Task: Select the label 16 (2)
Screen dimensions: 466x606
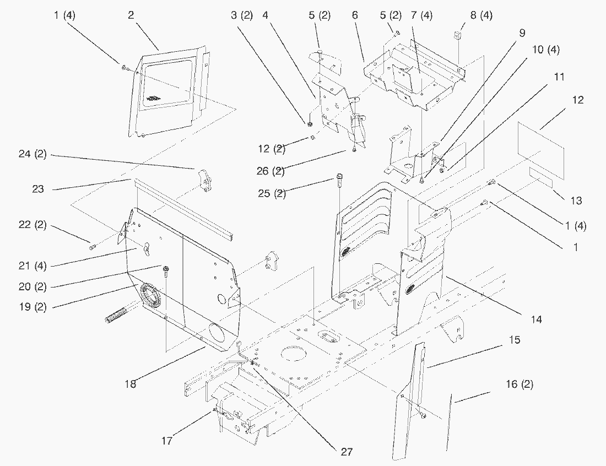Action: point(519,384)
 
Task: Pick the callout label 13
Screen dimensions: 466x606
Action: point(576,201)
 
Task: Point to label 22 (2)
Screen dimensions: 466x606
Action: point(32,225)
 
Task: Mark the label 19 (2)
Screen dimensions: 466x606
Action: point(32,306)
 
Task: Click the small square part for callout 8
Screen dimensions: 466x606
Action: point(456,36)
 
